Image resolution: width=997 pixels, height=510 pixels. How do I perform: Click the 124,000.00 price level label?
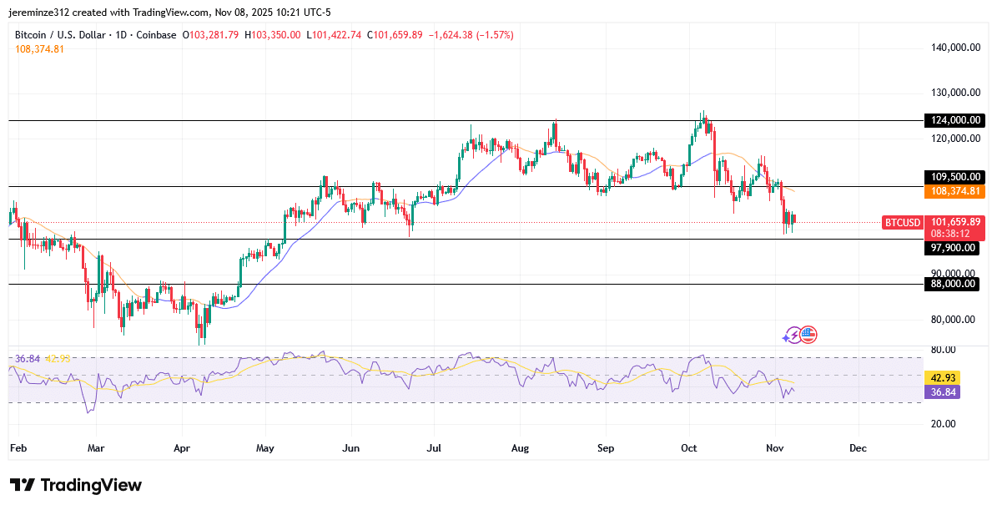[954, 120]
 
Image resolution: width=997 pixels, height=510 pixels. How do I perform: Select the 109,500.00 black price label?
[954, 177]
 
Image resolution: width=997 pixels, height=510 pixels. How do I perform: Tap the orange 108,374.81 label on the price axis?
[954, 191]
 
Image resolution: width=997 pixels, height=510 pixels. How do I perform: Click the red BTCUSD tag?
[903, 222]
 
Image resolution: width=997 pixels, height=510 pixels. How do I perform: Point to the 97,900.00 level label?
[954, 248]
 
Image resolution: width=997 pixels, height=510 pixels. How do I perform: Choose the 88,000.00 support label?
[954, 284]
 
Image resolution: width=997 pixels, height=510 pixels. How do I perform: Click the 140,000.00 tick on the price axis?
[954, 48]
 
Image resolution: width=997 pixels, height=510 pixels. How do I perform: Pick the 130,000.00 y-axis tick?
[954, 93]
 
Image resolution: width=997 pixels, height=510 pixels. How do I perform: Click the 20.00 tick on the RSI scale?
[943, 423]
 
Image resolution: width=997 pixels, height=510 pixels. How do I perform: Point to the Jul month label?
[434, 448]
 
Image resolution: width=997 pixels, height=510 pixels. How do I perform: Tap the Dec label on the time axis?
[858, 448]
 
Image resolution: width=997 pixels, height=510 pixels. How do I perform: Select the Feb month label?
[18, 448]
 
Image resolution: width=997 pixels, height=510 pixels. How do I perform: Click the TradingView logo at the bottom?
[76, 485]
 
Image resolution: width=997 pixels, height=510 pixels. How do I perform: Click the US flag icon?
[808, 335]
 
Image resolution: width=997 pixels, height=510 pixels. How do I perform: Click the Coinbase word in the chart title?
[157, 35]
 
